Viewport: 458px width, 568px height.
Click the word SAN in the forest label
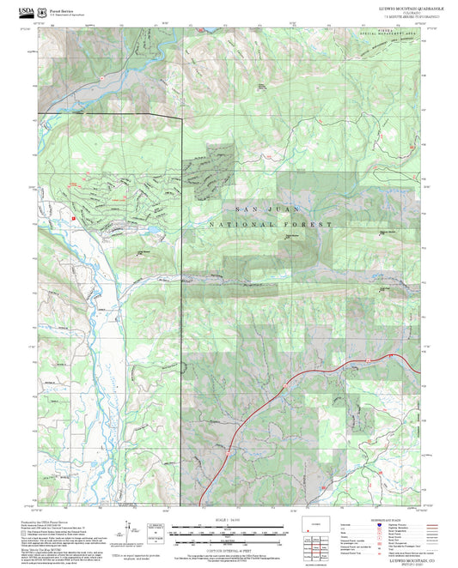(242, 208)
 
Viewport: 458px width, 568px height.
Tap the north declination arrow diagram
(129, 529)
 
